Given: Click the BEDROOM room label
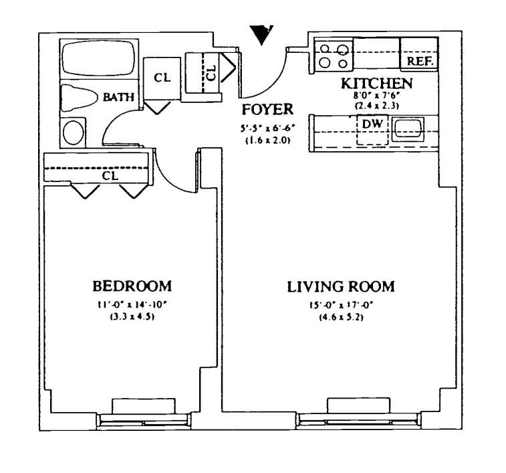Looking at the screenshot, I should pos(132,286).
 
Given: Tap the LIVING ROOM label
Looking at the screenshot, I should pos(341,287).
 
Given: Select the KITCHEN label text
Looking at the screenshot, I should pos(376,84).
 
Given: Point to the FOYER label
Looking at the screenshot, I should pos(267,110).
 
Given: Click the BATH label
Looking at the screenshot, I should pos(118,97).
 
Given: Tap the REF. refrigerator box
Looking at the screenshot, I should pos(419,61).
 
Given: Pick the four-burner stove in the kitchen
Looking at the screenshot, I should pos(334,55).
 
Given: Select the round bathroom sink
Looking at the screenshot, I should pos(74,132).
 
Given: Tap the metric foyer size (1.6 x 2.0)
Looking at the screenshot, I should pos(267,141).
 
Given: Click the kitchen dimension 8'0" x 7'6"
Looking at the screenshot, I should pos(376,96).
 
